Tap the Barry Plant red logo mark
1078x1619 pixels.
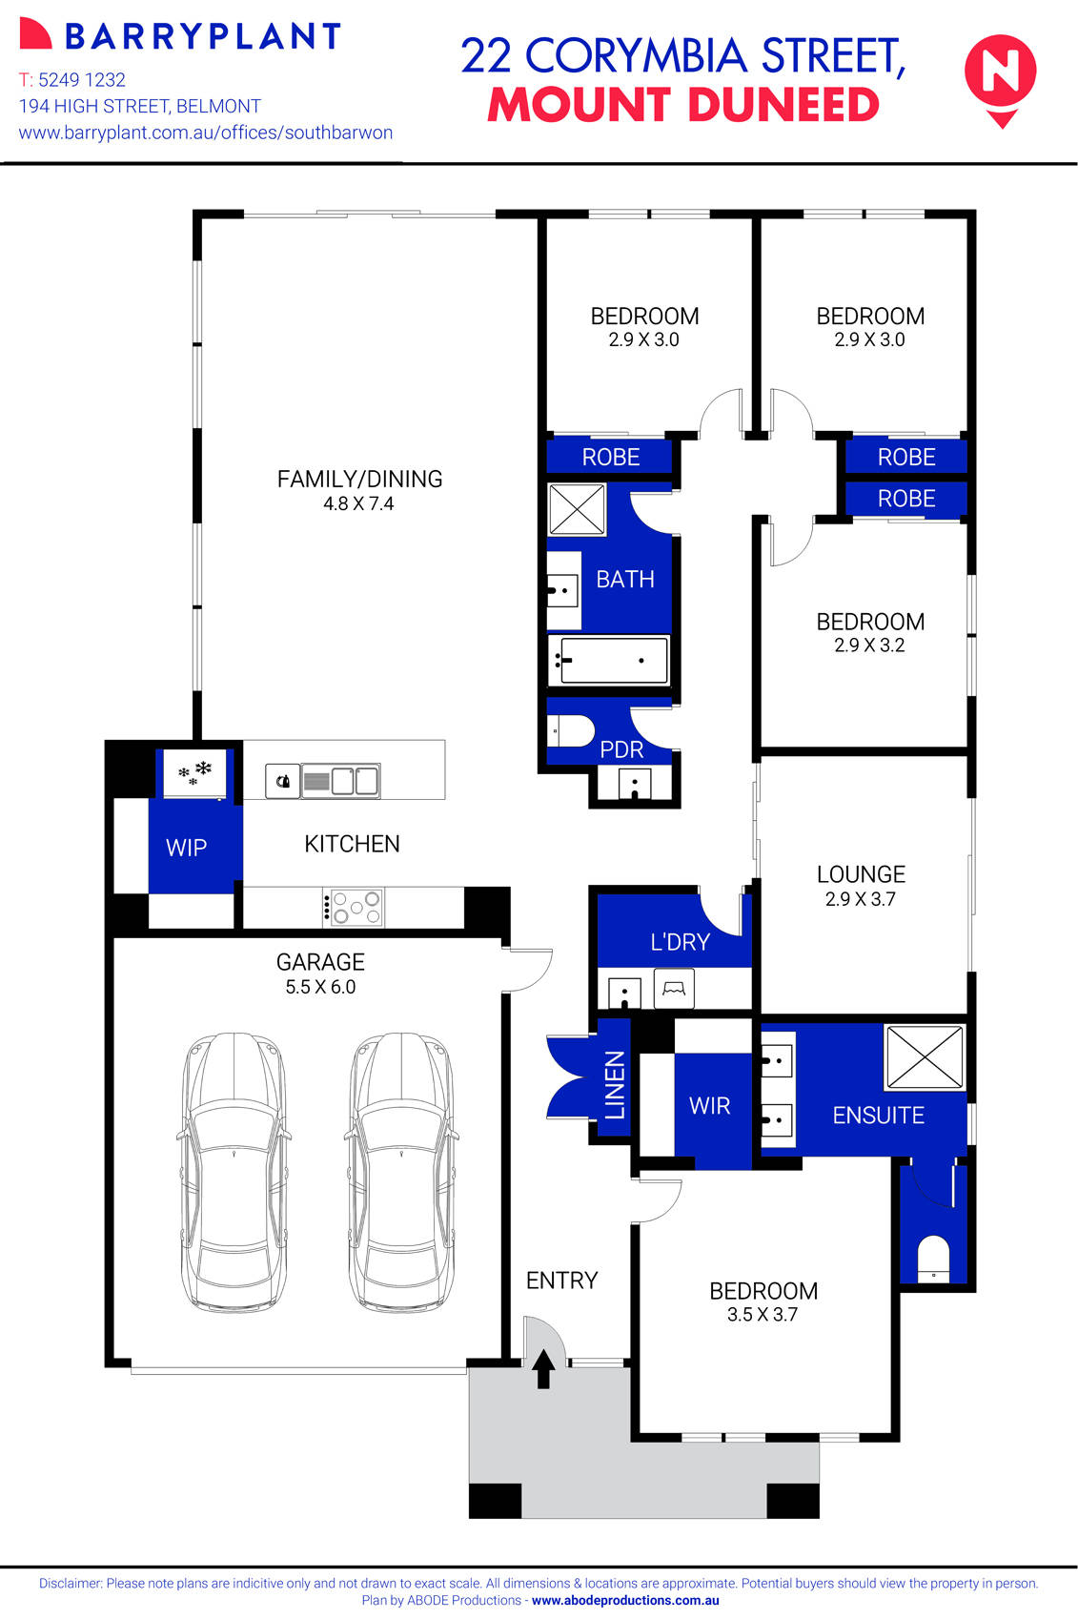(x=35, y=34)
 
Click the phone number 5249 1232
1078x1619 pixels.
(x=82, y=80)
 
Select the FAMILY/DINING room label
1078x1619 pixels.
(x=359, y=479)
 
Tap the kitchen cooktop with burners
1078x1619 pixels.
(x=354, y=907)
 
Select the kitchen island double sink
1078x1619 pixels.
(x=340, y=781)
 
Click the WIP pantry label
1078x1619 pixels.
(x=186, y=848)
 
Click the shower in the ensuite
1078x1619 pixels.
(x=924, y=1056)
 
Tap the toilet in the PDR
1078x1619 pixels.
(x=572, y=731)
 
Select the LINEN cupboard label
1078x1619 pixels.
(x=616, y=1084)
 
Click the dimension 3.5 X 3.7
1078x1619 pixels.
(x=762, y=1315)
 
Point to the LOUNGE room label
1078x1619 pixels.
(x=861, y=874)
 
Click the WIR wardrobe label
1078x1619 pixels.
(x=709, y=1106)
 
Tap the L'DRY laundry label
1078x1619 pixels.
(x=680, y=942)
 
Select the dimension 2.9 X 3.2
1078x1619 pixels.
(x=869, y=646)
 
